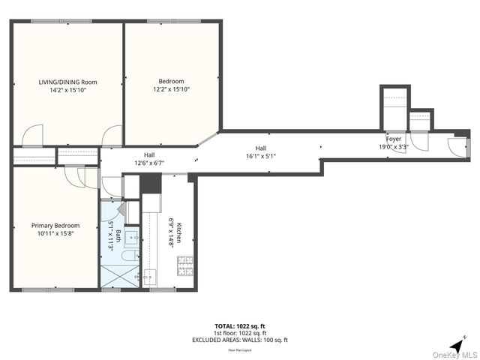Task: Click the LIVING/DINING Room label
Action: [68, 82]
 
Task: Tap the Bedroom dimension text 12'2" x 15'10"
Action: [171, 89]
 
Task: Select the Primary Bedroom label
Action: [55, 225]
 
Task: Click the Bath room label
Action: [118, 238]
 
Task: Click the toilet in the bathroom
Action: [129, 257]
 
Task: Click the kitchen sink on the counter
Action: [149, 275]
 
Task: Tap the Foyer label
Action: [394, 139]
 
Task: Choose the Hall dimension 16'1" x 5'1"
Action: [260, 157]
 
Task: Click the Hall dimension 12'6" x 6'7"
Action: [149, 163]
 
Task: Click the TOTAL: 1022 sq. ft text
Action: [239, 326]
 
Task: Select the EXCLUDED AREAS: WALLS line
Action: [239, 340]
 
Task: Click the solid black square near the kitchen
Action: [151, 183]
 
